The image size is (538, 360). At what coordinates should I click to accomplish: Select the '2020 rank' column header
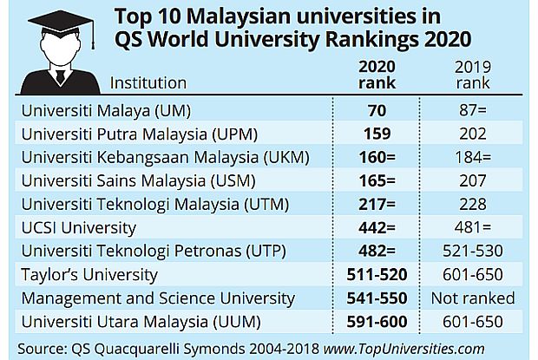point(377,75)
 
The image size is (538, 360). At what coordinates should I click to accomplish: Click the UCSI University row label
point(78,228)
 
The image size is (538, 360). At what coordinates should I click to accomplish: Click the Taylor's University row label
point(89,275)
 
